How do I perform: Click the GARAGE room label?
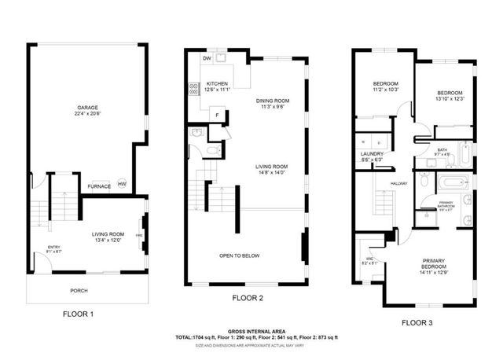86,108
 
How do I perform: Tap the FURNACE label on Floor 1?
98,186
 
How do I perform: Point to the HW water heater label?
122,184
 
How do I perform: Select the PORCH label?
79,290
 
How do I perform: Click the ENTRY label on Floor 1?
53,248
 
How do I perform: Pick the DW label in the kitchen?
207,59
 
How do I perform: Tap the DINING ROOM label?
274,101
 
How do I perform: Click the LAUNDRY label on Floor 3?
371,153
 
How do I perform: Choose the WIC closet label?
369,258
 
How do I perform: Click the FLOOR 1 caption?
79,314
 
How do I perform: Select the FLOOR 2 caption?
248,298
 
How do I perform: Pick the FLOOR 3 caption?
417,321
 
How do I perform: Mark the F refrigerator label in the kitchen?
217,116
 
